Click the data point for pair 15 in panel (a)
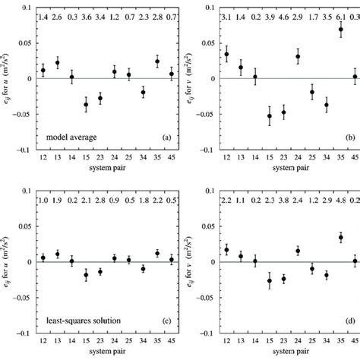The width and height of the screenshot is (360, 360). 86,104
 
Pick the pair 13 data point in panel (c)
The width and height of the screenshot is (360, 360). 57,275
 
